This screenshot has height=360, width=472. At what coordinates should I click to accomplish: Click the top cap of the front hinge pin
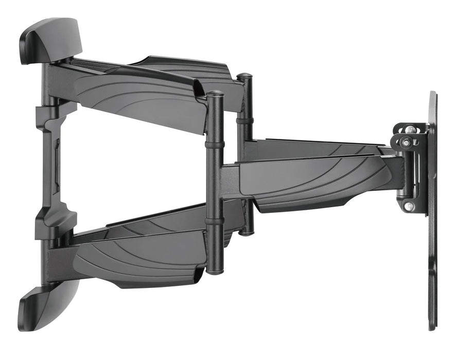[x=215, y=95]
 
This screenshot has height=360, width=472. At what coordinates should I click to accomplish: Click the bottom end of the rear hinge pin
[x=246, y=232]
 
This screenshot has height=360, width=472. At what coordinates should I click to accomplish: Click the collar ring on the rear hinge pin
[x=245, y=121]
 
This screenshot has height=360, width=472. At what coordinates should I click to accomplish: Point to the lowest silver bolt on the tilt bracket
[x=409, y=206]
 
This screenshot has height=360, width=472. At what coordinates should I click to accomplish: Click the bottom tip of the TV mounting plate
[x=432, y=327]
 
